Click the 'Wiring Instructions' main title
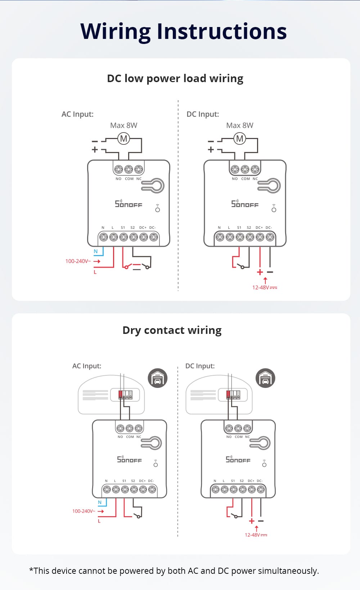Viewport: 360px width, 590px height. pos(183,31)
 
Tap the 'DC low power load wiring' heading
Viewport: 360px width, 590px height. pos(175,79)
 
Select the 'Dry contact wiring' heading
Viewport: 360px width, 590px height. pos(172,330)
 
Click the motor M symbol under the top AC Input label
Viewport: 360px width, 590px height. pos(123,138)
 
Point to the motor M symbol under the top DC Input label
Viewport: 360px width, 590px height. pos(240,138)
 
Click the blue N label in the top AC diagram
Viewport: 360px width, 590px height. pos(95,251)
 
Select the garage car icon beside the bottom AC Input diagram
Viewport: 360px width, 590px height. pos(158,378)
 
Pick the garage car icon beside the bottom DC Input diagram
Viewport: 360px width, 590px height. pos(265,378)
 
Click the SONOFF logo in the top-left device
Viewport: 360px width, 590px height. pos(129,204)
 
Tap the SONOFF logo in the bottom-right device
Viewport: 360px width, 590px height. pos(238,459)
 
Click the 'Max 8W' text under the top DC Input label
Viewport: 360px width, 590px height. pos(240,125)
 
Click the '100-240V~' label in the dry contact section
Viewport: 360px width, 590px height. pos(84,511)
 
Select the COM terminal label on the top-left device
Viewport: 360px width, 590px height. pos(129,179)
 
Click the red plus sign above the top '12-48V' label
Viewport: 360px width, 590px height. pos(260,272)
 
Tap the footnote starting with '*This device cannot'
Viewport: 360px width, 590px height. pos(174,571)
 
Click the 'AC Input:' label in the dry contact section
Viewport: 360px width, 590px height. pos(87,366)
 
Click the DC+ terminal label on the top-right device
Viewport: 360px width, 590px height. pos(259,228)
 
